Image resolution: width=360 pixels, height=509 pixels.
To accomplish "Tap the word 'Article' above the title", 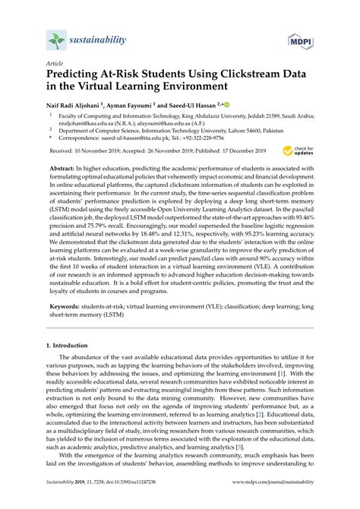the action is coord(54,65).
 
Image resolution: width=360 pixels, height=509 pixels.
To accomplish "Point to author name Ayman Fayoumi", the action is coord(145,106).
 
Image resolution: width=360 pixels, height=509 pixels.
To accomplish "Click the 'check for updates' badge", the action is coord(301,151).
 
